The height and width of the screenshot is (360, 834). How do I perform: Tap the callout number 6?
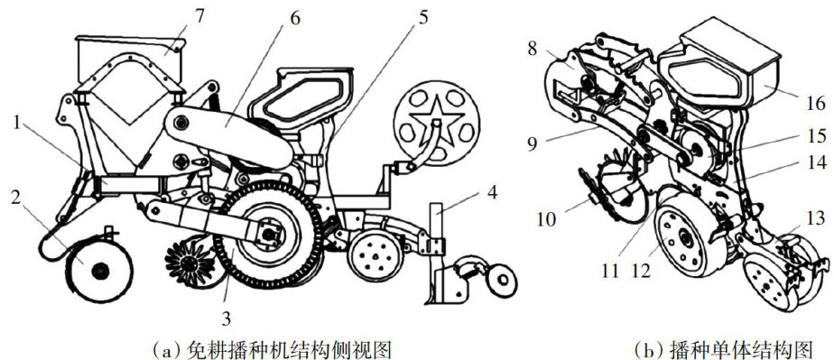(294, 18)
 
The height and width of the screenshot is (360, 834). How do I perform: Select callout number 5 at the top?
(422, 18)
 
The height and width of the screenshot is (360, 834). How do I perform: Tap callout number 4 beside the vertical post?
(493, 192)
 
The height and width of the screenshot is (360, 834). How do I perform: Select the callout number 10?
(544, 219)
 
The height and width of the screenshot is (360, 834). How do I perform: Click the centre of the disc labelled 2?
(99, 272)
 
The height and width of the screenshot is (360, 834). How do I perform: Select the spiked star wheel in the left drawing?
(190, 263)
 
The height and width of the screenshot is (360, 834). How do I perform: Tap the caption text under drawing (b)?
(725, 349)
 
